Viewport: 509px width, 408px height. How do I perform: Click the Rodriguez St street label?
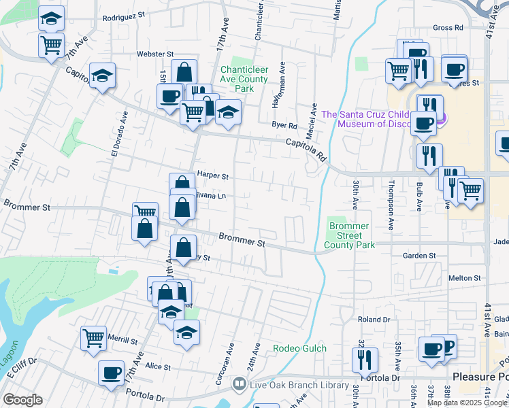124,14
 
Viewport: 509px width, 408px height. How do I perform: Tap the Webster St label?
155,53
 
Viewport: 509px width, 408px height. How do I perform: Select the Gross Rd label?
448,28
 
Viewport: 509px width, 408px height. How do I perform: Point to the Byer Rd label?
284,125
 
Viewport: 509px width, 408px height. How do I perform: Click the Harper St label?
212,175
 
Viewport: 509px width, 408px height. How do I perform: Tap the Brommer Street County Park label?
349,235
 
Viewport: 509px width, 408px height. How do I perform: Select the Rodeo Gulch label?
300,348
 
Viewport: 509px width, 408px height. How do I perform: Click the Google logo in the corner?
22,400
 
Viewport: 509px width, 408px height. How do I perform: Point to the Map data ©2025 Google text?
467,403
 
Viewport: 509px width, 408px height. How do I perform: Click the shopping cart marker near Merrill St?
93,337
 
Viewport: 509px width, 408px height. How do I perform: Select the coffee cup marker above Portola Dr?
111,372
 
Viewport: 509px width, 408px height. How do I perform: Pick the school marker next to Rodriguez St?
50,18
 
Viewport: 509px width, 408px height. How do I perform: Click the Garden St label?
418,256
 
